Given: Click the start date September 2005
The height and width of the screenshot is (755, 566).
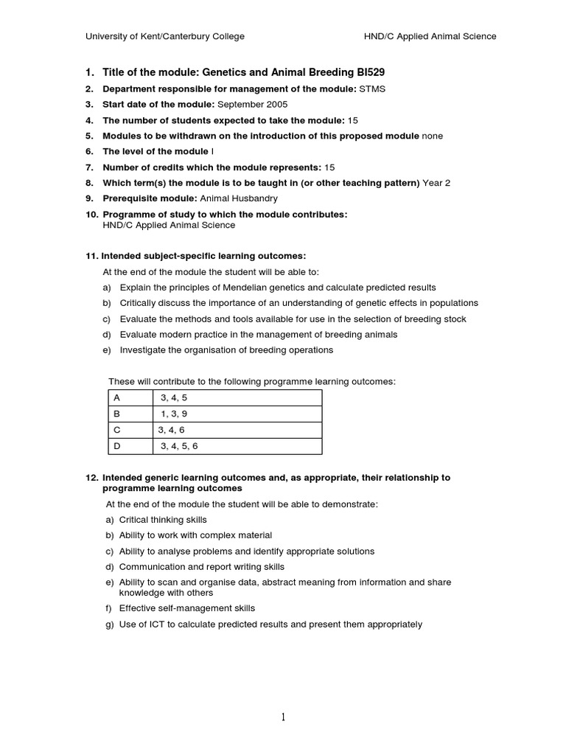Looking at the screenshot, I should tap(253, 105).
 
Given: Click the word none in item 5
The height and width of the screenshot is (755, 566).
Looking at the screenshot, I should tap(432, 136).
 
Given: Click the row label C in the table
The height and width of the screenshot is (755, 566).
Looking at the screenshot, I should tap(116, 430).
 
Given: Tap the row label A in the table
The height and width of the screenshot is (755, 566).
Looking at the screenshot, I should tap(116, 397).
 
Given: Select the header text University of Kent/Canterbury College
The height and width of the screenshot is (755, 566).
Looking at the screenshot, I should tap(165, 36).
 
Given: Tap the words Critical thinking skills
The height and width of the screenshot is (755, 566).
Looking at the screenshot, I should tap(163, 520).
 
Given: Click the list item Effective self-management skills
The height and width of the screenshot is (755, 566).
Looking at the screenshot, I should tap(187, 608).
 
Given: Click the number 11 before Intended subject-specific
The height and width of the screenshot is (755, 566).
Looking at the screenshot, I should tap(91, 256).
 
